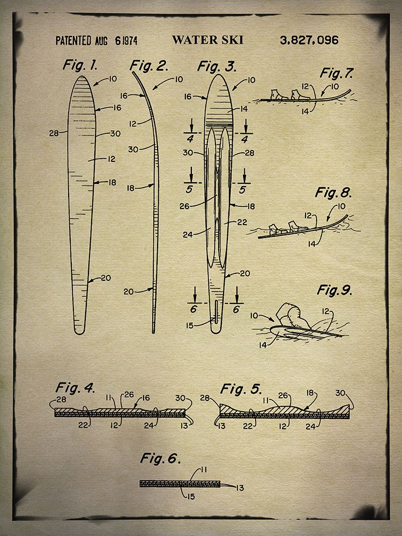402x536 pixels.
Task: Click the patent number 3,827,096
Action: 309,40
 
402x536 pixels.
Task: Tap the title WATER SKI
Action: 207,40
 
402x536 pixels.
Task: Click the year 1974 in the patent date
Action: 130,41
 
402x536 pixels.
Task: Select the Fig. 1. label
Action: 80,65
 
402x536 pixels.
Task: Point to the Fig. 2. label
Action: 150,65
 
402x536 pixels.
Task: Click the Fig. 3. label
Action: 217,66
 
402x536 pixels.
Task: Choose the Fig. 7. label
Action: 337,73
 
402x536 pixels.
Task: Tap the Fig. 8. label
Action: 333,192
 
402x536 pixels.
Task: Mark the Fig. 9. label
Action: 334,290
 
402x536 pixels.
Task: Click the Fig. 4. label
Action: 75,388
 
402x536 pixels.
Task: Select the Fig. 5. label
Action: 241,389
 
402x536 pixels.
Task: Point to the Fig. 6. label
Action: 160,458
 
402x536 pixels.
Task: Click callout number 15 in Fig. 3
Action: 190,326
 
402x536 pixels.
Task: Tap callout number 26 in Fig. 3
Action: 184,206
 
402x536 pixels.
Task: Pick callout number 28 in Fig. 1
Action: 54,133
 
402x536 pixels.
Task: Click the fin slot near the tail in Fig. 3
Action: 217,311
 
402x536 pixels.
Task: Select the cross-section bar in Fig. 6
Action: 180,483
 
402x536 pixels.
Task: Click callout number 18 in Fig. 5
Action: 310,393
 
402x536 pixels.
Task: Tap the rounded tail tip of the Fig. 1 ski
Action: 79,332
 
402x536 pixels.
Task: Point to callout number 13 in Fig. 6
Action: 240,488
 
